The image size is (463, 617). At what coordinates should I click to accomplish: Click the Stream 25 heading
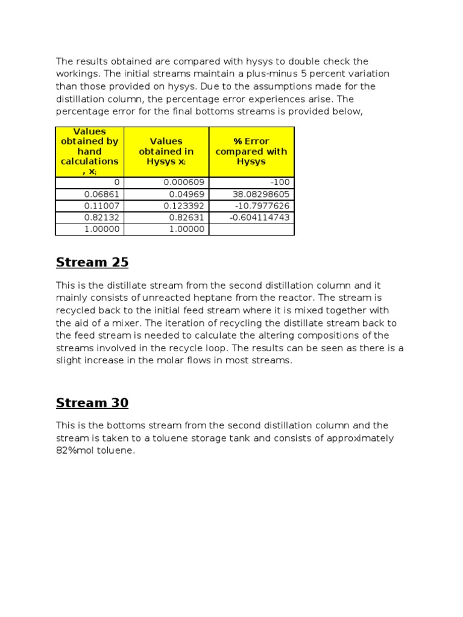click(92, 263)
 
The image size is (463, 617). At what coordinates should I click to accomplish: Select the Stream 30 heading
click(92, 403)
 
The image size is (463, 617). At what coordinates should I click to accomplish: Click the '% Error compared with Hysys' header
click(251, 151)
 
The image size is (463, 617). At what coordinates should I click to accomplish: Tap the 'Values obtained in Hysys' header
click(166, 151)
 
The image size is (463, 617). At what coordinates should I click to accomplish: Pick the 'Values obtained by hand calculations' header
click(90, 151)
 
